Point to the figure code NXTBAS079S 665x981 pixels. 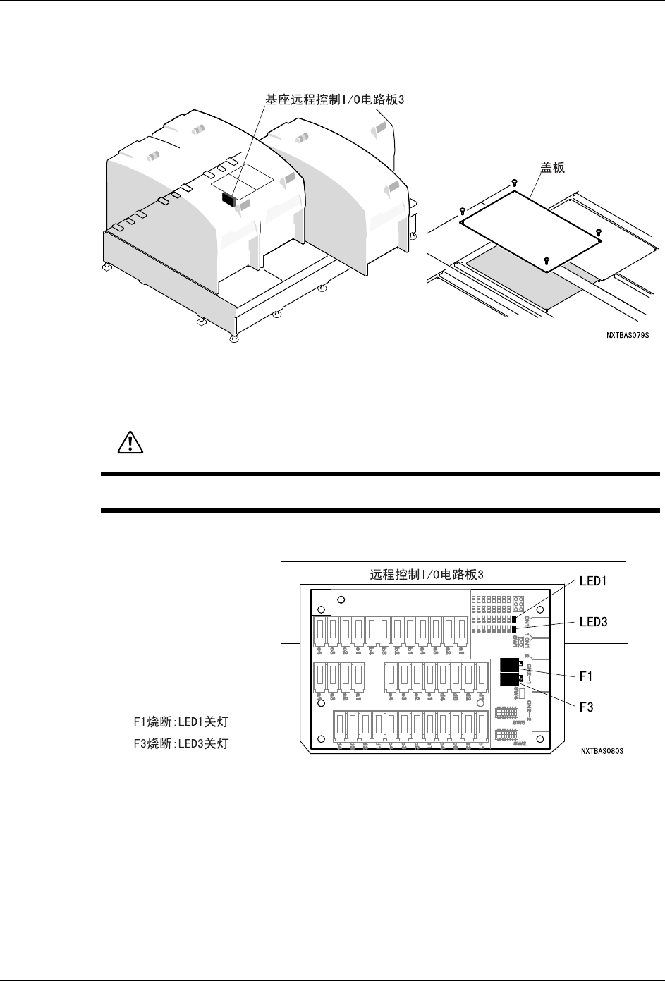pos(627,336)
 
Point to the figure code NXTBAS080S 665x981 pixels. pos(602,752)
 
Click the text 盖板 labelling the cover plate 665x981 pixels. pos(554,169)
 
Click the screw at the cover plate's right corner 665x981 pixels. pos(598,232)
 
